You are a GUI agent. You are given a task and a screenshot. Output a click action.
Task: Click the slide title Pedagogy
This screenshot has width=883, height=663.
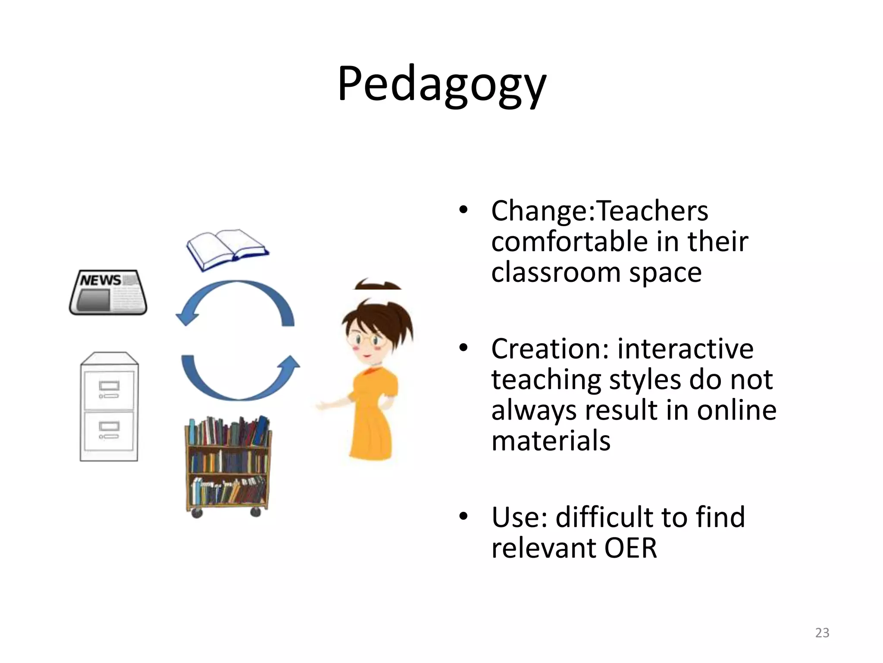tap(441, 85)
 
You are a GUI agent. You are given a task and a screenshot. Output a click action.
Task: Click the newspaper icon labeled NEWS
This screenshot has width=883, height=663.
tap(108, 292)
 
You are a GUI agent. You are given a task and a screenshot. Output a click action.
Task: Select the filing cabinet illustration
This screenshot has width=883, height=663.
tap(109, 407)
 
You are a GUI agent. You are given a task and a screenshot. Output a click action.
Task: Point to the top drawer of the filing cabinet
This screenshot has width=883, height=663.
tap(109, 389)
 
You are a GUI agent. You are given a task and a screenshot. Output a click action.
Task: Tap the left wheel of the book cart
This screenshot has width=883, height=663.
tap(197, 513)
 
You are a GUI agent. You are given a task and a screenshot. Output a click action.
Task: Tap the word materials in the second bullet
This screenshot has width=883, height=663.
tap(551, 441)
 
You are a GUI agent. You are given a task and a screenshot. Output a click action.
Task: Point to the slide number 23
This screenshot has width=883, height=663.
tap(822, 633)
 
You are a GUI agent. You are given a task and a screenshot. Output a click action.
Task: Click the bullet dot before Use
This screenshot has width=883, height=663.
tap(463, 517)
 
